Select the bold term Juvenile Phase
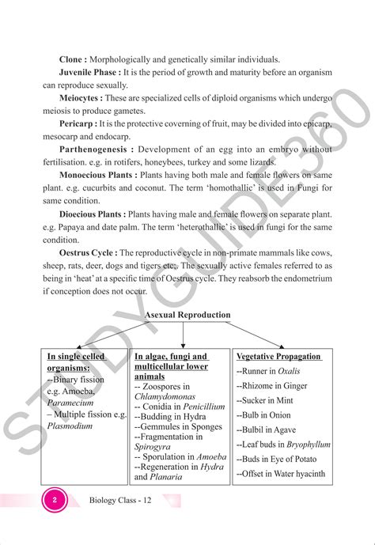pyautogui.click(x=90, y=72)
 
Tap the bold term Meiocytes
pyautogui.click(x=81, y=98)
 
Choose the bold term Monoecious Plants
pyautogui.click(x=97, y=176)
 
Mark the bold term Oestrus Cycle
pyautogui.click(x=86, y=252)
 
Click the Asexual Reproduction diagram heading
pyautogui.click(x=187, y=315)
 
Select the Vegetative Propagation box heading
pyautogui.click(x=278, y=357)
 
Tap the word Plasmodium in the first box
pyautogui.click(x=70, y=426)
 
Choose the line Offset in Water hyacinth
pyautogui.click(x=280, y=474)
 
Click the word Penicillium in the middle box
pyautogui.click(x=198, y=407)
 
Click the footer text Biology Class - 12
pyautogui.click(x=121, y=501)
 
